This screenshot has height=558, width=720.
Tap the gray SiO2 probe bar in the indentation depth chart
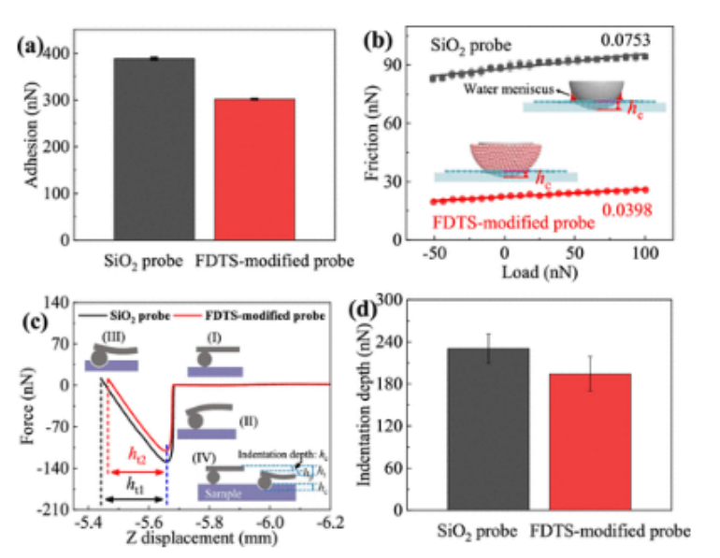tap(487, 429)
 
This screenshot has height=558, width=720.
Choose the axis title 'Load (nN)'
tap(539, 275)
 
